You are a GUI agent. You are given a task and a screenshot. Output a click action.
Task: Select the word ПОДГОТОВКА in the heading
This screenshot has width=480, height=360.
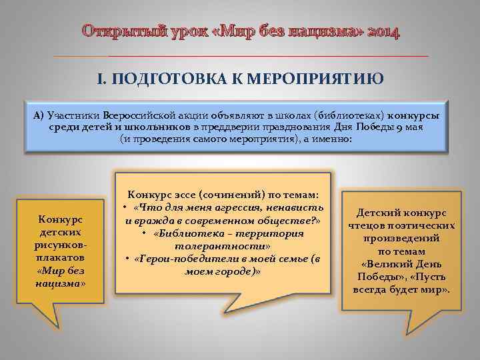pyautogui.click(x=163, y=80)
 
